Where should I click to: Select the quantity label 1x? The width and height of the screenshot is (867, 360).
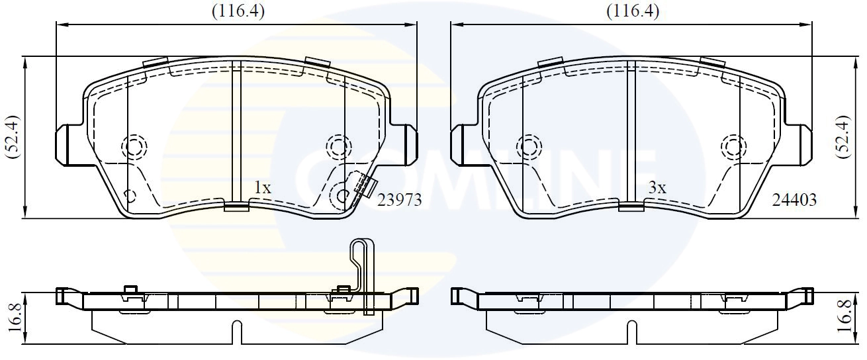pyautogui.click(x=263, y=188)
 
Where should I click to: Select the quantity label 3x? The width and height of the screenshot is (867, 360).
pyautogui.click(x=656, y=188)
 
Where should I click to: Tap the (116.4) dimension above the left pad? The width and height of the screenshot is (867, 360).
pyautogui.click(x=237, y=11)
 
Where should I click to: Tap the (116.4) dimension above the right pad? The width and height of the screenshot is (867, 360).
pyautogui.click(x=632, y=11)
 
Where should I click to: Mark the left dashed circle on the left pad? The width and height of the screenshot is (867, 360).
pyautogui.click(x=135, y=146)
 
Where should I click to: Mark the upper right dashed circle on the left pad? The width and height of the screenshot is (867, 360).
pyautogui.click(x=338, y=146)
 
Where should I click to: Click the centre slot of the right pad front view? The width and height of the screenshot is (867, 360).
pyautogui.click(x=631, y=132)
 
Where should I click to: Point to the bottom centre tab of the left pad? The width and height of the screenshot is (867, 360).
pyautogui.click(x=236, y=207)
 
